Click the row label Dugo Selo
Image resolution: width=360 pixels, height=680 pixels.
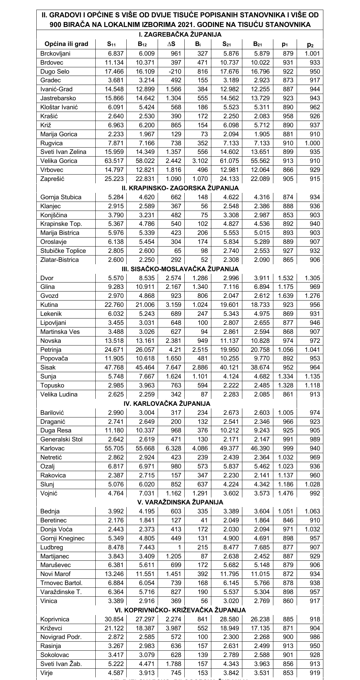pos(52,71)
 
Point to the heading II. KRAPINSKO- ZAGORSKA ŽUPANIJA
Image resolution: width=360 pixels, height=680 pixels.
pos(180,188)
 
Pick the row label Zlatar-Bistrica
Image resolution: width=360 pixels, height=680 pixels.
pos(59,260)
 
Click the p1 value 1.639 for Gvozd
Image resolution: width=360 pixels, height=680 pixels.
pos(285,296)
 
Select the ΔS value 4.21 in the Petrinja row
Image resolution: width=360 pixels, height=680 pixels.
pos(176,349)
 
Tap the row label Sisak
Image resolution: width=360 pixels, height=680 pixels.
pos(48,367)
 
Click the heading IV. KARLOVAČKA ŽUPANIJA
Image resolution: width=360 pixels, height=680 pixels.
pos(180,403)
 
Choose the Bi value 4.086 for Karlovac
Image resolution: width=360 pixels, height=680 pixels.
pos(200,448)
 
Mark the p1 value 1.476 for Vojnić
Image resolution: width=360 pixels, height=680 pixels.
pos(285,493)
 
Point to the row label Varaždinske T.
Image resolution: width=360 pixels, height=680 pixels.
pos(61,592)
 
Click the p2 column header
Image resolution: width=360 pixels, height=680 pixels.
pos(310,44)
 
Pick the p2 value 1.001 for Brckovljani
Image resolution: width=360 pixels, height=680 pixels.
pos(312,53)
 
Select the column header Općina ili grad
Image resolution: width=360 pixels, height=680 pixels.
pos(66,44)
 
